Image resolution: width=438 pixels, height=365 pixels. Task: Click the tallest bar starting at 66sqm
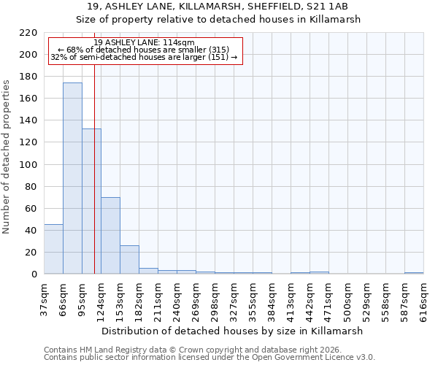pos(72,178)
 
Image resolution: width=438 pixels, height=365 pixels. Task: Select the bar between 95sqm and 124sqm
pos(91,201)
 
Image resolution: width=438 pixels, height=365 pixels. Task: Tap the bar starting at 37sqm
pos(53,249)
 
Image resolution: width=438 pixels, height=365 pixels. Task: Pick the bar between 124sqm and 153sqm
pos(110,236)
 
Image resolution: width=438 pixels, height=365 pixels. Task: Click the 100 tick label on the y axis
pos(28,165)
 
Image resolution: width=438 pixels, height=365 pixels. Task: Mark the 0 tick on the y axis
pos(34,274)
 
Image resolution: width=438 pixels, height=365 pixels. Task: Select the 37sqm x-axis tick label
pos(44,296)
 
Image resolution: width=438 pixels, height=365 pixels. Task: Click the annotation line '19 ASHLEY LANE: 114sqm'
pos(145,43)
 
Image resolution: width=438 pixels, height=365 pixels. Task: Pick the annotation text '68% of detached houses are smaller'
pos(145,50)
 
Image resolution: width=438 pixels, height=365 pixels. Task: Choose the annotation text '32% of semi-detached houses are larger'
pos(145,57)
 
